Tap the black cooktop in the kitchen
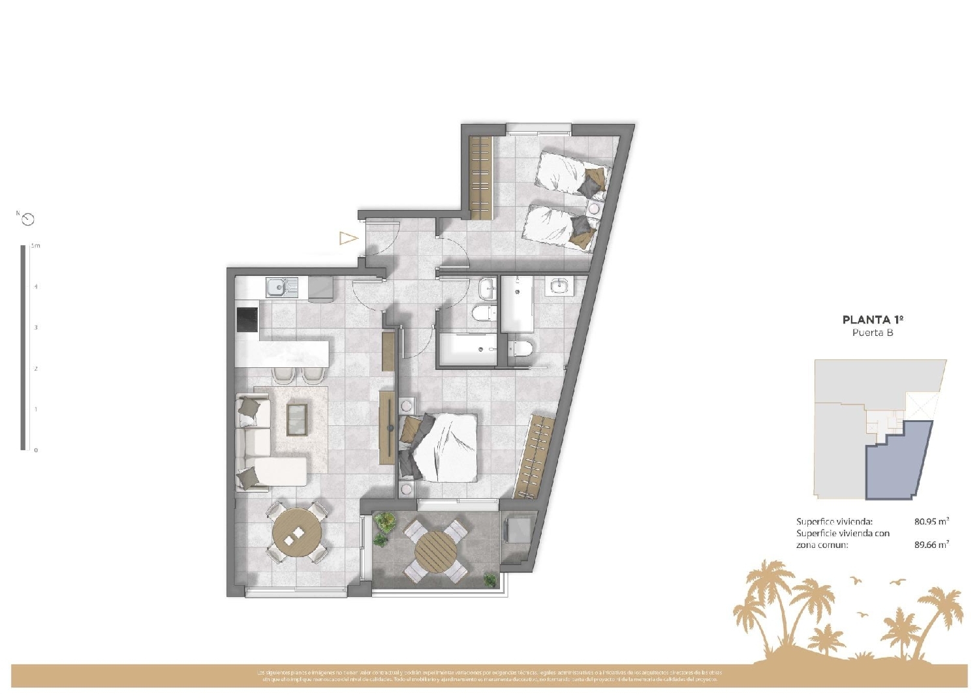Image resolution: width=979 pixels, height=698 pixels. coord(247,320)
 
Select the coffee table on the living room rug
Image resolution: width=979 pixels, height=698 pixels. coord(297,419)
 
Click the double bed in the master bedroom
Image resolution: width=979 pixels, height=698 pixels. coord(444,447)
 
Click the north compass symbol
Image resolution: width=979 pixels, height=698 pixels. coord(27,219)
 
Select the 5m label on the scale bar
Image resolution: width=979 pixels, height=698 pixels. coord(36,246)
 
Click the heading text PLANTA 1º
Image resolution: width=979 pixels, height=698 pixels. coord(873,320)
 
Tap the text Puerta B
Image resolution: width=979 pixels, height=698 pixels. coord(873,333)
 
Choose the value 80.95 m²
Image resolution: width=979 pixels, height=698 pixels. coord(931,521)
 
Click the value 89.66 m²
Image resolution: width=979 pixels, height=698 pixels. coord(931,545)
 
